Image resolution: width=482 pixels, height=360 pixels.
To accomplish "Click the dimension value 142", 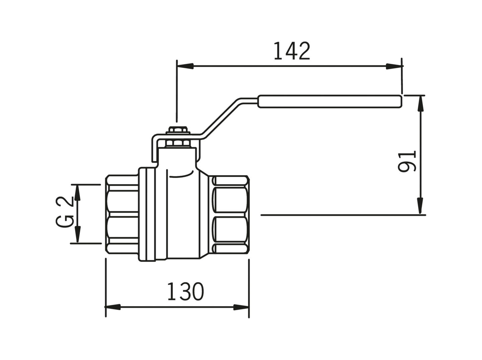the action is click(x=292, y=51).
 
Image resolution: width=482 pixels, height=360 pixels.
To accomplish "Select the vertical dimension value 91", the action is click(x=407, y=161).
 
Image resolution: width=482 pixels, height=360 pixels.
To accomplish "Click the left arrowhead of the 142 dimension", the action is click(x=185, y=66).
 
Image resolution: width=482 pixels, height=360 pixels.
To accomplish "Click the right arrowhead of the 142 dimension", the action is click(x=394, y=66).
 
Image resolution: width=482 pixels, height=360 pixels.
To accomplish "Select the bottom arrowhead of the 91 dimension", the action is click(x=420, y=205).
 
